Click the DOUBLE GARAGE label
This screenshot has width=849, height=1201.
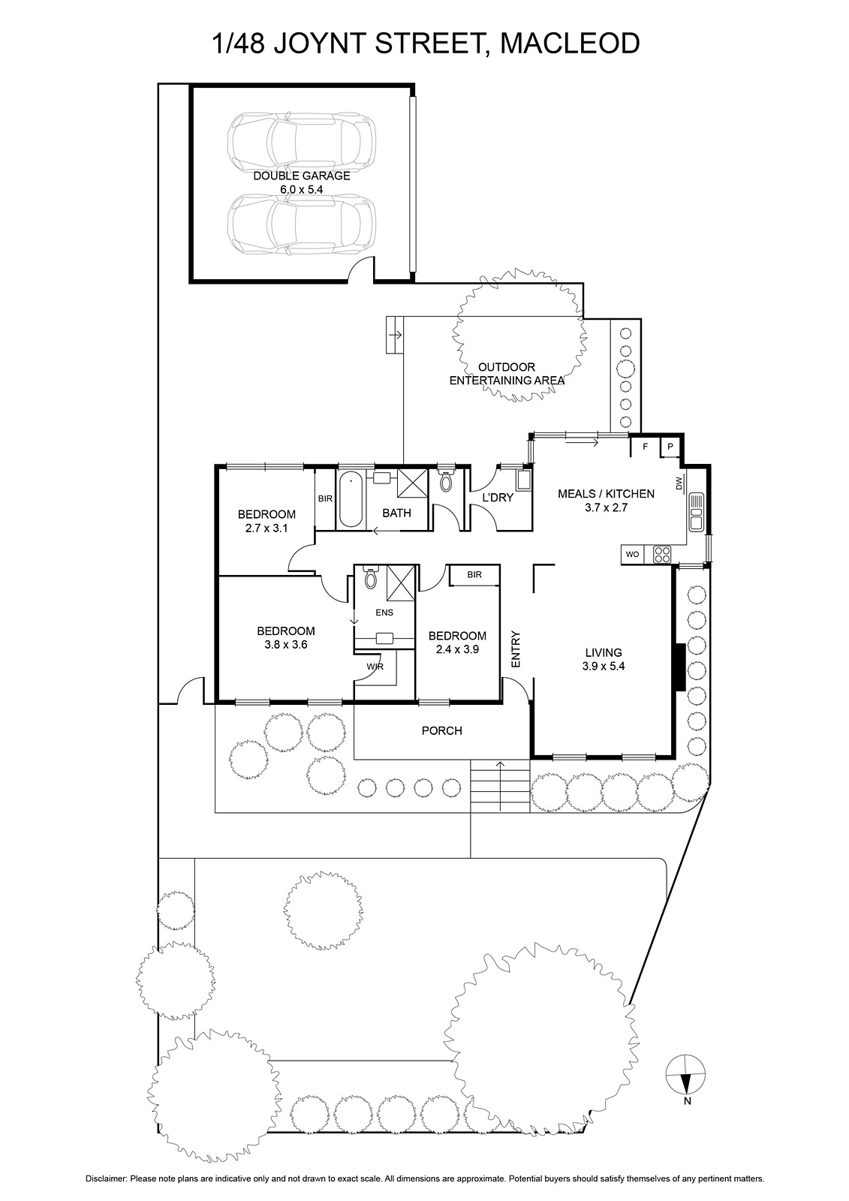click(x=302, y=176)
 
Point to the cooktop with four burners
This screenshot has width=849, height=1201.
click(x=662, y=555)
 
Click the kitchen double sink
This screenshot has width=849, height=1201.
click(x=696, y=511)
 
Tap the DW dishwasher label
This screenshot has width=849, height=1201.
click(x=679, y=483)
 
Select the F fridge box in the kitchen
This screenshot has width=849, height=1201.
click(x=646, y=446)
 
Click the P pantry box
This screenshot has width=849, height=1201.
click(x=670, y=446)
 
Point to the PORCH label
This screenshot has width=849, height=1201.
click(x=442, y=731)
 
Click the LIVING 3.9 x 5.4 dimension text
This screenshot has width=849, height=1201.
click(x=604, y=667)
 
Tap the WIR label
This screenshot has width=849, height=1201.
click(x=375, y=667)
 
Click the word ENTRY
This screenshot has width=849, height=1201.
click(x=516, y=649)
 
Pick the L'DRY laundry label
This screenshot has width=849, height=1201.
click(x=498, y=498)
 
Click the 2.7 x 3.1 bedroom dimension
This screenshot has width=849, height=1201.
click(x=266, y=528)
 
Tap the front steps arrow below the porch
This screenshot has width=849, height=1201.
click(x=500, y=786)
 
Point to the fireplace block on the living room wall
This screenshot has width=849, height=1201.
click(x=679, y=667)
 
